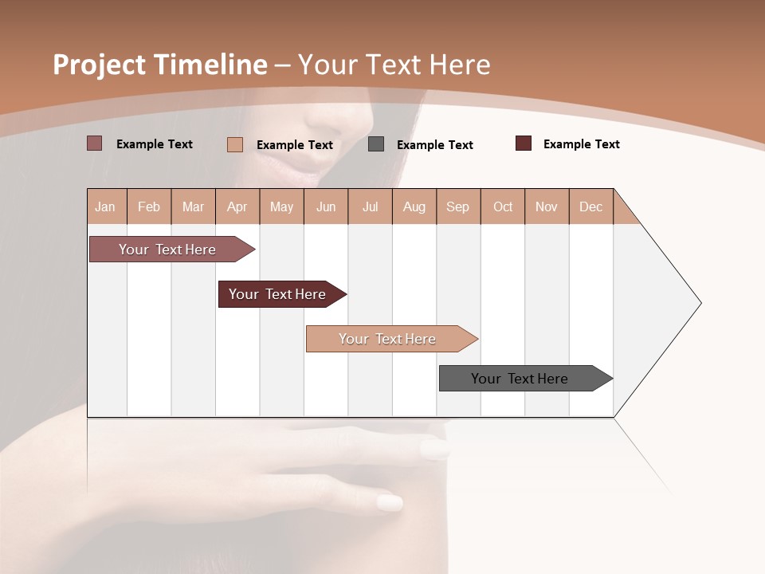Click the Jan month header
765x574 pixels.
click(106, 206)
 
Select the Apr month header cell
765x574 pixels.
click(237, 206)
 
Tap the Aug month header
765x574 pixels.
click(414, 206)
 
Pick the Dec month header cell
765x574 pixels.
click(591, 206)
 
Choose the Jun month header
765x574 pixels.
click(326, 206)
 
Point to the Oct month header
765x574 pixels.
click(503, 206)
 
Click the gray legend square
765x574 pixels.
click(376, 144)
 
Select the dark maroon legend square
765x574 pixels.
click(524, 143)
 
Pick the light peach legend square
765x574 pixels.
click(235, 145)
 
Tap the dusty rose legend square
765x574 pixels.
click(95, 143)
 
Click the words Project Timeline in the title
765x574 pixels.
click(159, 65)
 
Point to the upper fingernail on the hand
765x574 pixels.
click(435, 450)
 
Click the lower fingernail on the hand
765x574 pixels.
click(390, 503)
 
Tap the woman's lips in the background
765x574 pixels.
click(296, 167)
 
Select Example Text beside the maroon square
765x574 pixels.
click(581, 144)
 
